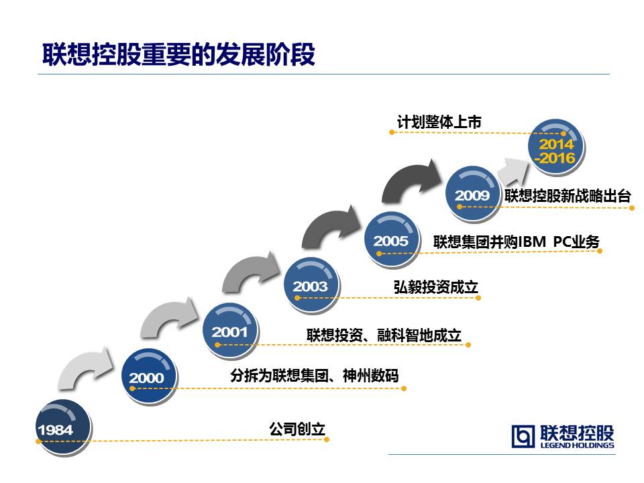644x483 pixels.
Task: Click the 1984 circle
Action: pyautogui.click(x=63, y=427)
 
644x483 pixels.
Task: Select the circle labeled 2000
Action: pyautogui.click(x=149, y=376)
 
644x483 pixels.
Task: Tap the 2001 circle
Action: pyautogui.click(x=230, y=330)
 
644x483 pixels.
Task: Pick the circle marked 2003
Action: pyautogui.click(x=311, y=284)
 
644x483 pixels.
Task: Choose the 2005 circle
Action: pyautogui.click(x=392, y=239)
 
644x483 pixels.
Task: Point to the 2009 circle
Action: pyautogui.click(x=473, y=193)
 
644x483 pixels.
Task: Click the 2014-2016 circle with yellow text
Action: pyautogui.click(x=556, y=147)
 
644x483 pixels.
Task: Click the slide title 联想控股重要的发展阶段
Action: pyautogui.click(x=178, y=54)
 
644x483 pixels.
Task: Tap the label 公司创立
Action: pyautogui.click(x=297, y=429)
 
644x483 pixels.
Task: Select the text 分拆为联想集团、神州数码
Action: pyautogui.click(x=314, y=376)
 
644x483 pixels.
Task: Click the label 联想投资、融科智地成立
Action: pyautogui.click(x=384, y=335)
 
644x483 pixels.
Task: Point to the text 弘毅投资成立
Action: pyautogui.click(x=436, y=287)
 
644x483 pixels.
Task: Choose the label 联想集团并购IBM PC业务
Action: pyautogui.click(x=517, y=241)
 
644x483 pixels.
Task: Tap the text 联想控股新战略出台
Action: pyautogui.click(x=568, y=196)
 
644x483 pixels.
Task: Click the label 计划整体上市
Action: pyautogui.click(x=439, y=122)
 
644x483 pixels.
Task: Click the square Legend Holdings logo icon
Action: pyautogui.click(x=523, y=436)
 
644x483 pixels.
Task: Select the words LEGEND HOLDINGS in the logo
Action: pyautogui.click(x=577, y=445)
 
